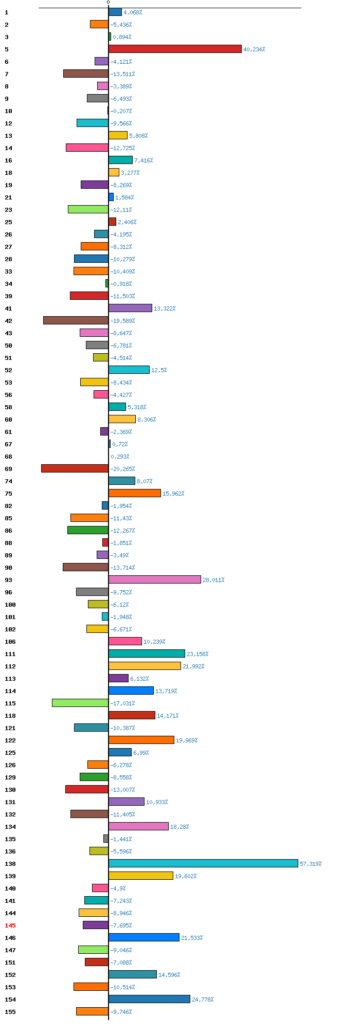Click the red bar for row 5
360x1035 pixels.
(x=175, y=49)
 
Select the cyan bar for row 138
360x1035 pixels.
(x=203, y=863)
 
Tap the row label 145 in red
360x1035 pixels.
(x=10, y=925)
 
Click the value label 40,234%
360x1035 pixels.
(x=254, y=49)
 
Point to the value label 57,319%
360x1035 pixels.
(x=311, y=864)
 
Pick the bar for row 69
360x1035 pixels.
(x=75, y=468)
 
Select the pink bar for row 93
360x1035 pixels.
(x=155, y=579)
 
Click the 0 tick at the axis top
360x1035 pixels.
(x=108, y=3)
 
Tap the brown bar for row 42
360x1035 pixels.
(x=76, y=320)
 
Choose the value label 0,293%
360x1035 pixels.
(x=120, y=457)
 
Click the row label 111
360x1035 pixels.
(x=10, y=654)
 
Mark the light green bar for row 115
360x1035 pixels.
(x=80, y=703)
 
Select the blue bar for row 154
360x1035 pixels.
(x=149, y=999)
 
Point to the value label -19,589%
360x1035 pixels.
(x=122, y=321)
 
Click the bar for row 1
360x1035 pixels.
(x=115, y=12)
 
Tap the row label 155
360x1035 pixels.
(x=10, y=1012)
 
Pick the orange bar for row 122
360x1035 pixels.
(x=141, y=740)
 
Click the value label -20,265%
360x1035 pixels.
(x=122, y=469)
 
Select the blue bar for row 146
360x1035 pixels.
(x=144, y=937)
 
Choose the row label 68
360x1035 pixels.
(x=8, y=457)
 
